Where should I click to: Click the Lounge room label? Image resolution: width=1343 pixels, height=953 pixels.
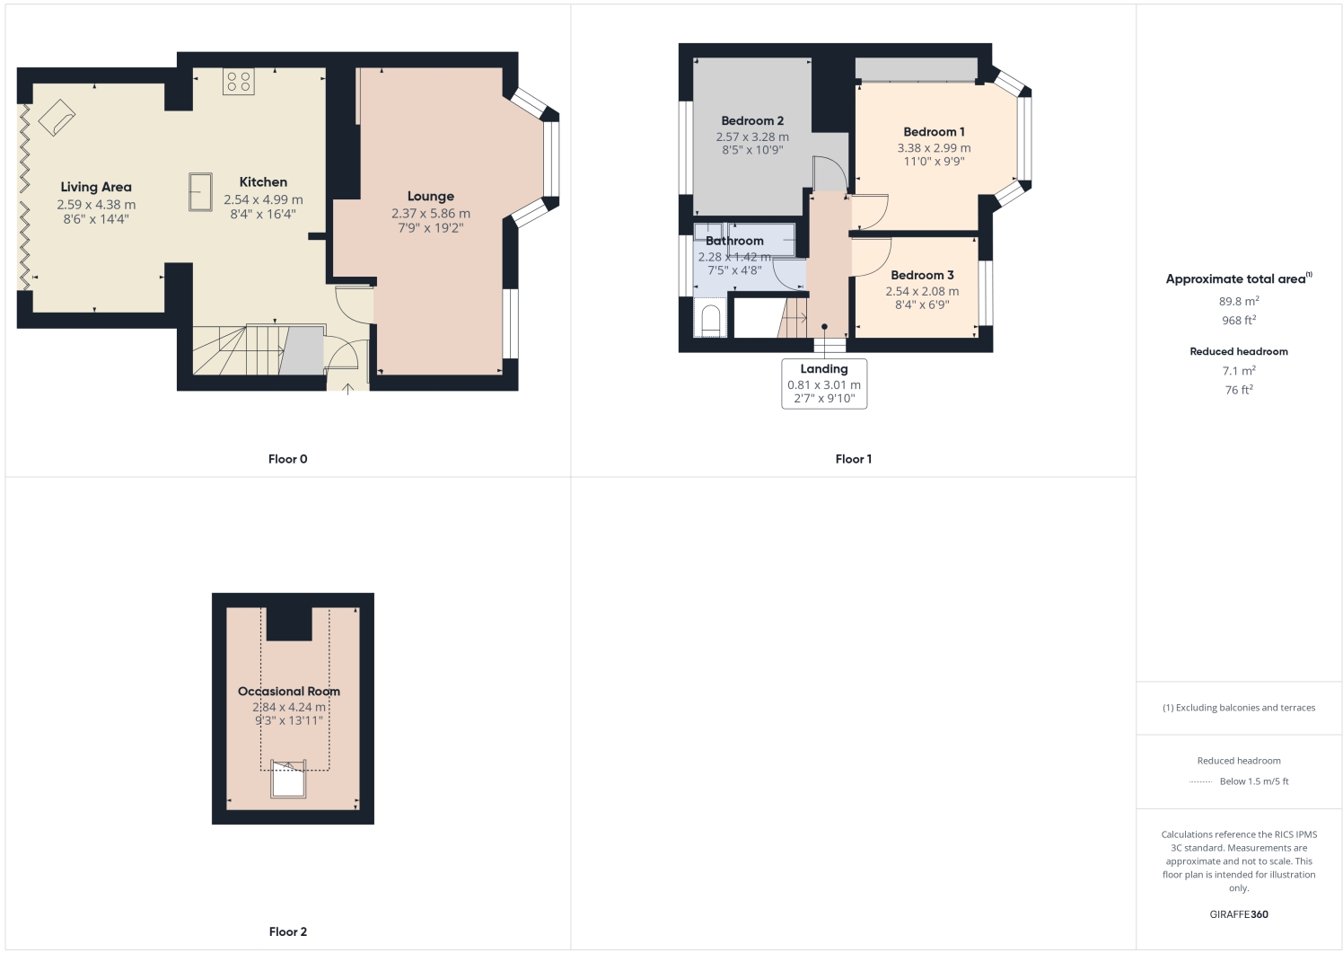pyautogui.click(x=430, y=197)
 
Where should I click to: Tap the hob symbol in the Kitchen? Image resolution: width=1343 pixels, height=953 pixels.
pyautogui.click(x=239, y=82)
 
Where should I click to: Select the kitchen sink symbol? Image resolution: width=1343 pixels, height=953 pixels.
pyautogui.click(x=200, y=191)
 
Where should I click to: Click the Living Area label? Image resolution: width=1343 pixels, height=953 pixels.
pyautogui.click(x=96, y=187)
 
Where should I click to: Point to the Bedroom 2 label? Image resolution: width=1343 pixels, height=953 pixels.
pyautogui.click(x=752, y=121)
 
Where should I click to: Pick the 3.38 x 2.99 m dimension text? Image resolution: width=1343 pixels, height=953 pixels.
pyautogui.click(x=934, y=148)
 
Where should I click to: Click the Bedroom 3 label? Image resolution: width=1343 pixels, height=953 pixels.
pyautogui.click(x=922, y=276)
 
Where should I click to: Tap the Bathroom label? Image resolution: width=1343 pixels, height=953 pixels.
pyautogui.click(x=734, y=241)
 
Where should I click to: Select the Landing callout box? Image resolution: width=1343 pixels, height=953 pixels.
pyautogui.click(x=824, y=384)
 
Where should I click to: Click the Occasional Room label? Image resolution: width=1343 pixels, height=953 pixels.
pyautogui.click(x=289, y=692)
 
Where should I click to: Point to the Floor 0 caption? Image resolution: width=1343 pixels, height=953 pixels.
pyautogui.click(x=287, y=459)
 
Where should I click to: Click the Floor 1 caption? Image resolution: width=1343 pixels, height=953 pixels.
pyautogui.click(x=853, y=459)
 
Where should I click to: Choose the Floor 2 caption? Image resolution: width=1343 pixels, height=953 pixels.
pyautogui.click(x=287, y=931)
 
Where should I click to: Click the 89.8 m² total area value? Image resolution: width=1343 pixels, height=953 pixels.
pyautogui.click(x=1239, y=302)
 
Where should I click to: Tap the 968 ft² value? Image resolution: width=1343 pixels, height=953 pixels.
pyautogui.click(x=1239, y=321)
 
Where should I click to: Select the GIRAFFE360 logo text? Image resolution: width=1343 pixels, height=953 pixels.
pyautogui.click(x=1239, y=914)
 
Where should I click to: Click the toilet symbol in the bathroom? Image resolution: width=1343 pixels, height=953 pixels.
pyautogui.click(x=710, y=321)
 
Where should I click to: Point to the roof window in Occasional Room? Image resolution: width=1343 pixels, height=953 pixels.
pyautogui.click(x=288, y=780)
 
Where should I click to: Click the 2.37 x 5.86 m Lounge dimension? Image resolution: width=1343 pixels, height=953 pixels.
pyautogui.click(x=430, y=214)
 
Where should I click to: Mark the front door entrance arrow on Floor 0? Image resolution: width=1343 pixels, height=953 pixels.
pyautogui.click(x=348, y=389)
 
